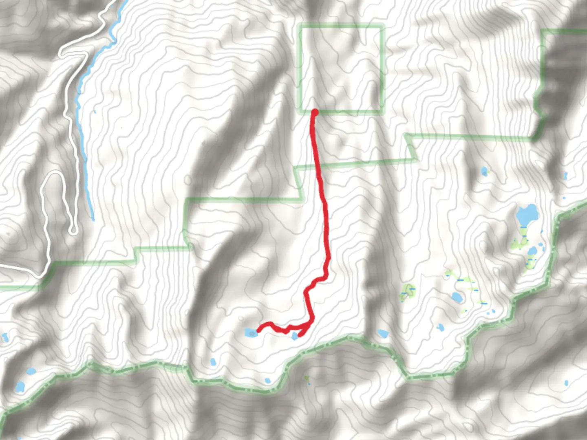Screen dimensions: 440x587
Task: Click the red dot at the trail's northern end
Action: click(315, 112)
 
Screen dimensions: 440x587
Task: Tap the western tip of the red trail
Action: click(258, 331)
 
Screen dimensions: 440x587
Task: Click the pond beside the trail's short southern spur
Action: click(295, 336)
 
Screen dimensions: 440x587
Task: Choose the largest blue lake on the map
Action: click(526, 215)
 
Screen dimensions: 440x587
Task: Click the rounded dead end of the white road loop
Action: click(73, 231)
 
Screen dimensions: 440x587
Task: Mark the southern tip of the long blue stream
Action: click(93, 219)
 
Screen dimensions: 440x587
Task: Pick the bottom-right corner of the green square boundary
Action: click(382, 111)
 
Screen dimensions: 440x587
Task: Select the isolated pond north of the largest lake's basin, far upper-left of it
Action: click(484, 171)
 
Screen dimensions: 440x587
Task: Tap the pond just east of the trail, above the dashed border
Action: click(383, 334)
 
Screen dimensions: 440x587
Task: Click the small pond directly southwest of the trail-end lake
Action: click(212, 362)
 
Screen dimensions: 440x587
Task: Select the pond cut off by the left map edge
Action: click(4, 338)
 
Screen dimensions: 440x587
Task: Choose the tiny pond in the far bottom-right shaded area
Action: click(566, 383)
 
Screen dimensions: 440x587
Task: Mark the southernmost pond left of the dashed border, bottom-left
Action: click(20, 387)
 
